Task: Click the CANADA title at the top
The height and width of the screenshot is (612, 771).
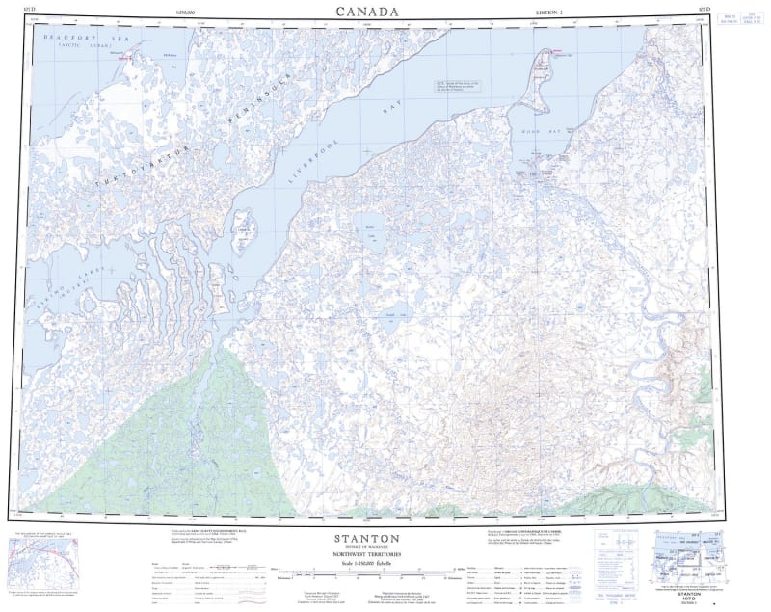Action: pos(366,12)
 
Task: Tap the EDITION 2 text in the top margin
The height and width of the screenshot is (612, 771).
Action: pos(550,13)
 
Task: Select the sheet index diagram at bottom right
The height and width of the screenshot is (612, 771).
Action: pos(689,558)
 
